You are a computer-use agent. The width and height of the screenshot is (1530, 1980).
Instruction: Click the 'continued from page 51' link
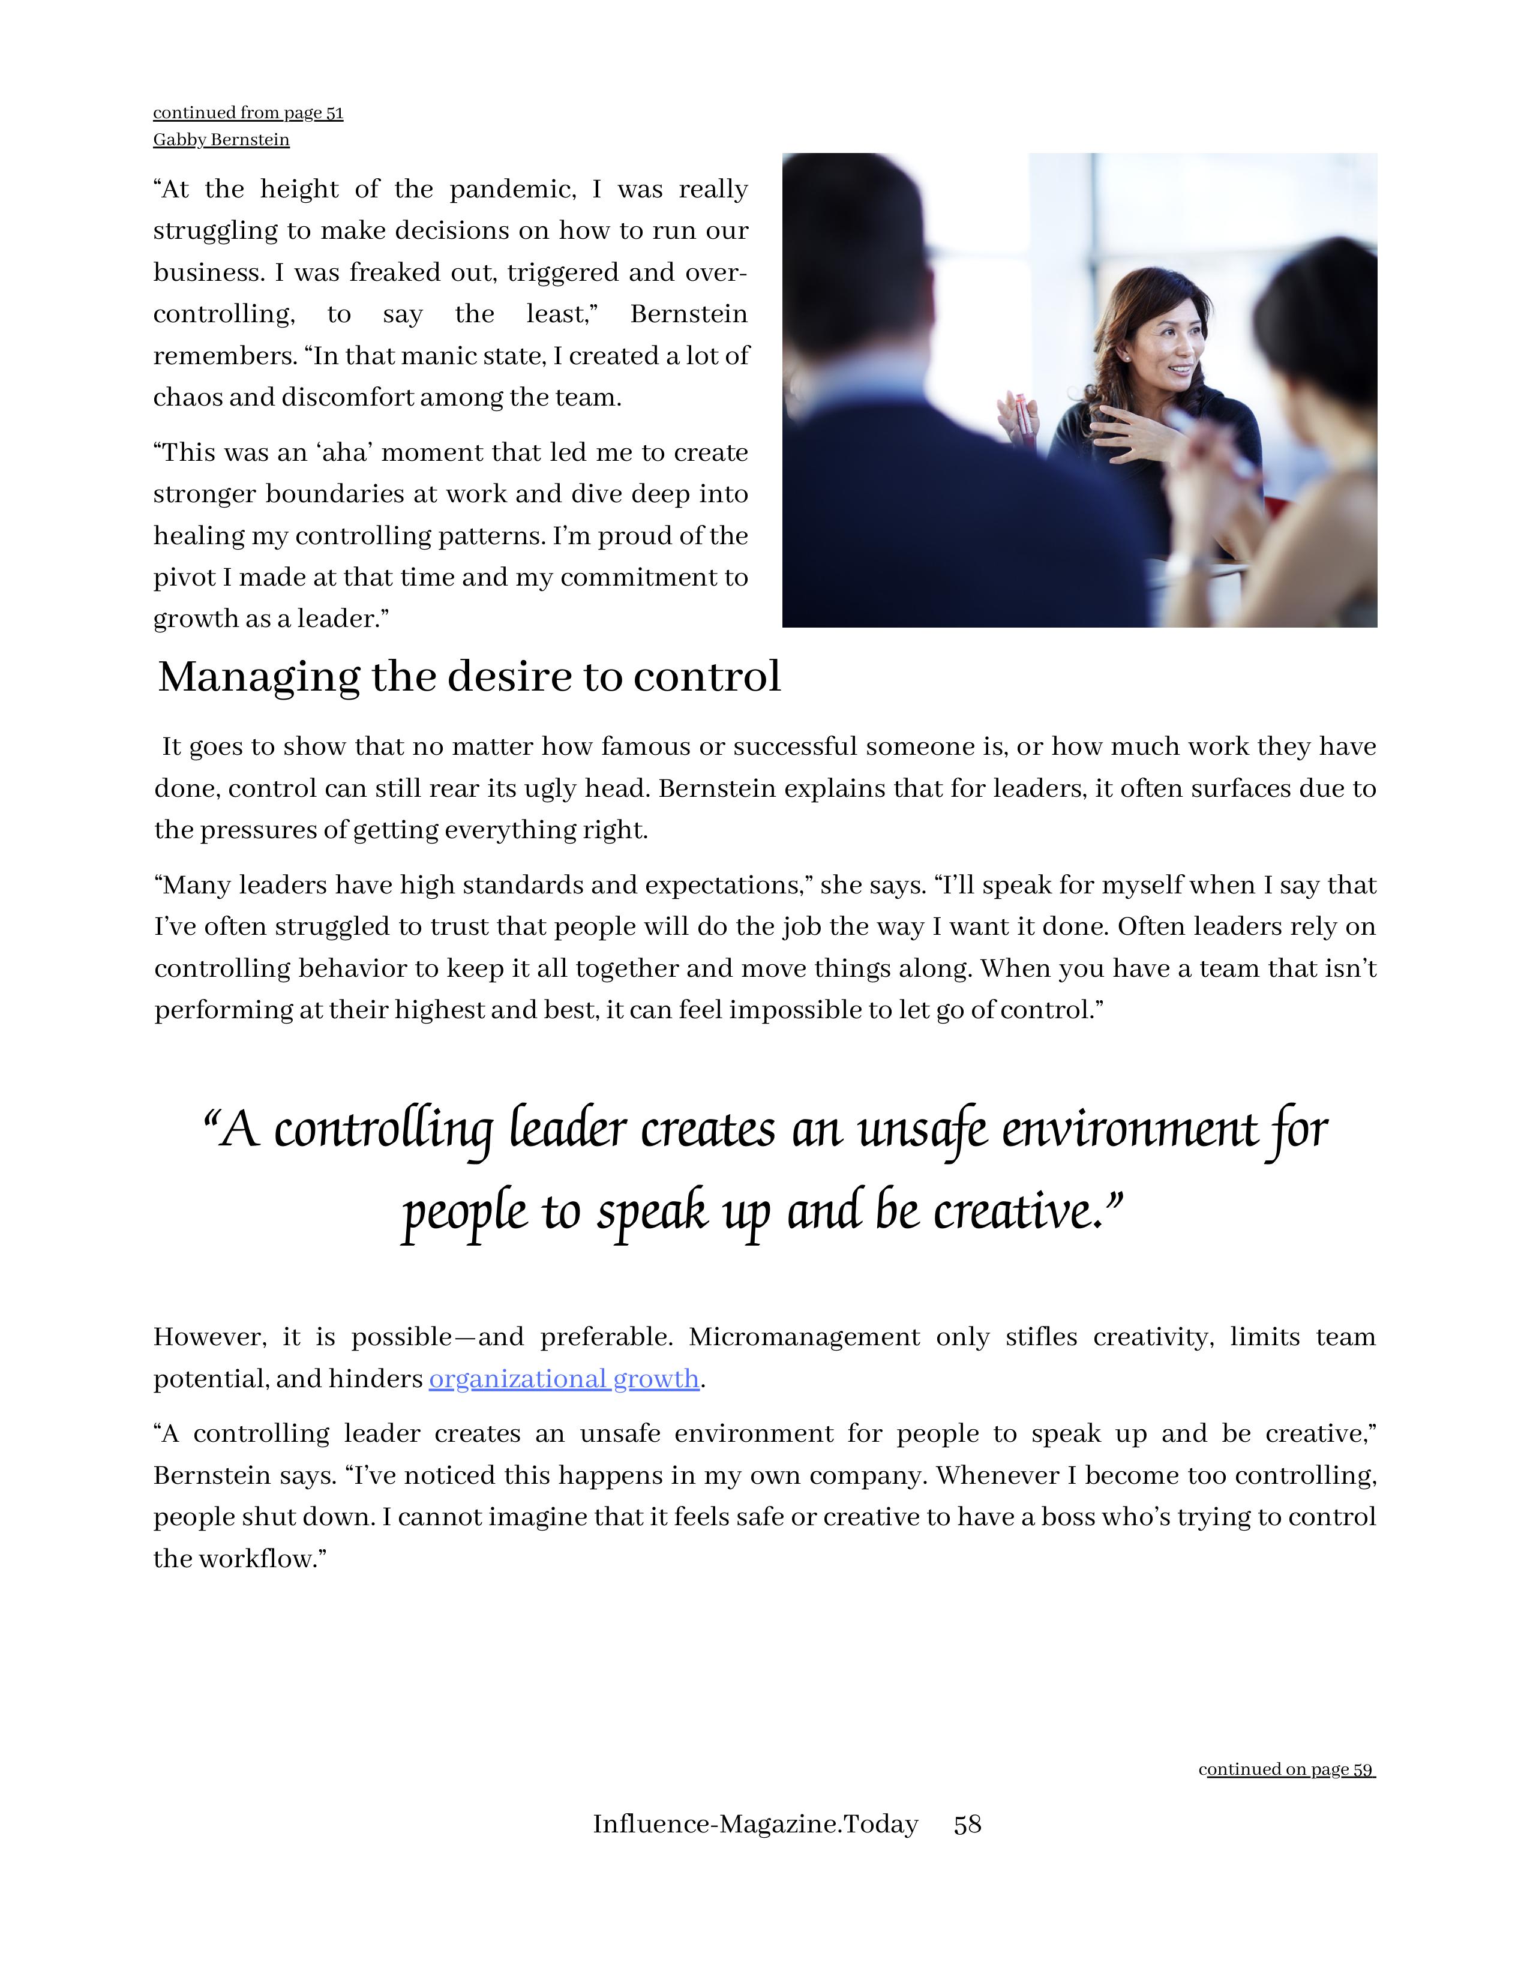pos(247,112)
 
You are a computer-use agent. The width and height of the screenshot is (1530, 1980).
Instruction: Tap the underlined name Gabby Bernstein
pos(221,140)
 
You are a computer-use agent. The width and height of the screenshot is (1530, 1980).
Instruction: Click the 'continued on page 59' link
pos(1287,1769)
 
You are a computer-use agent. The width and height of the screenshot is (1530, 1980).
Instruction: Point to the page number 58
pos(967,1823)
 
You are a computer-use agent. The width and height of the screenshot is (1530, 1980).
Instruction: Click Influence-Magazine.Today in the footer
pos(755,1823)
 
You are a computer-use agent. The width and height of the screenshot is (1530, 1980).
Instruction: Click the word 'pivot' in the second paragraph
pos(184,577)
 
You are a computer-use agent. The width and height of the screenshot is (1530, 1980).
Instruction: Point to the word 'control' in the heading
pos(706,677)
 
